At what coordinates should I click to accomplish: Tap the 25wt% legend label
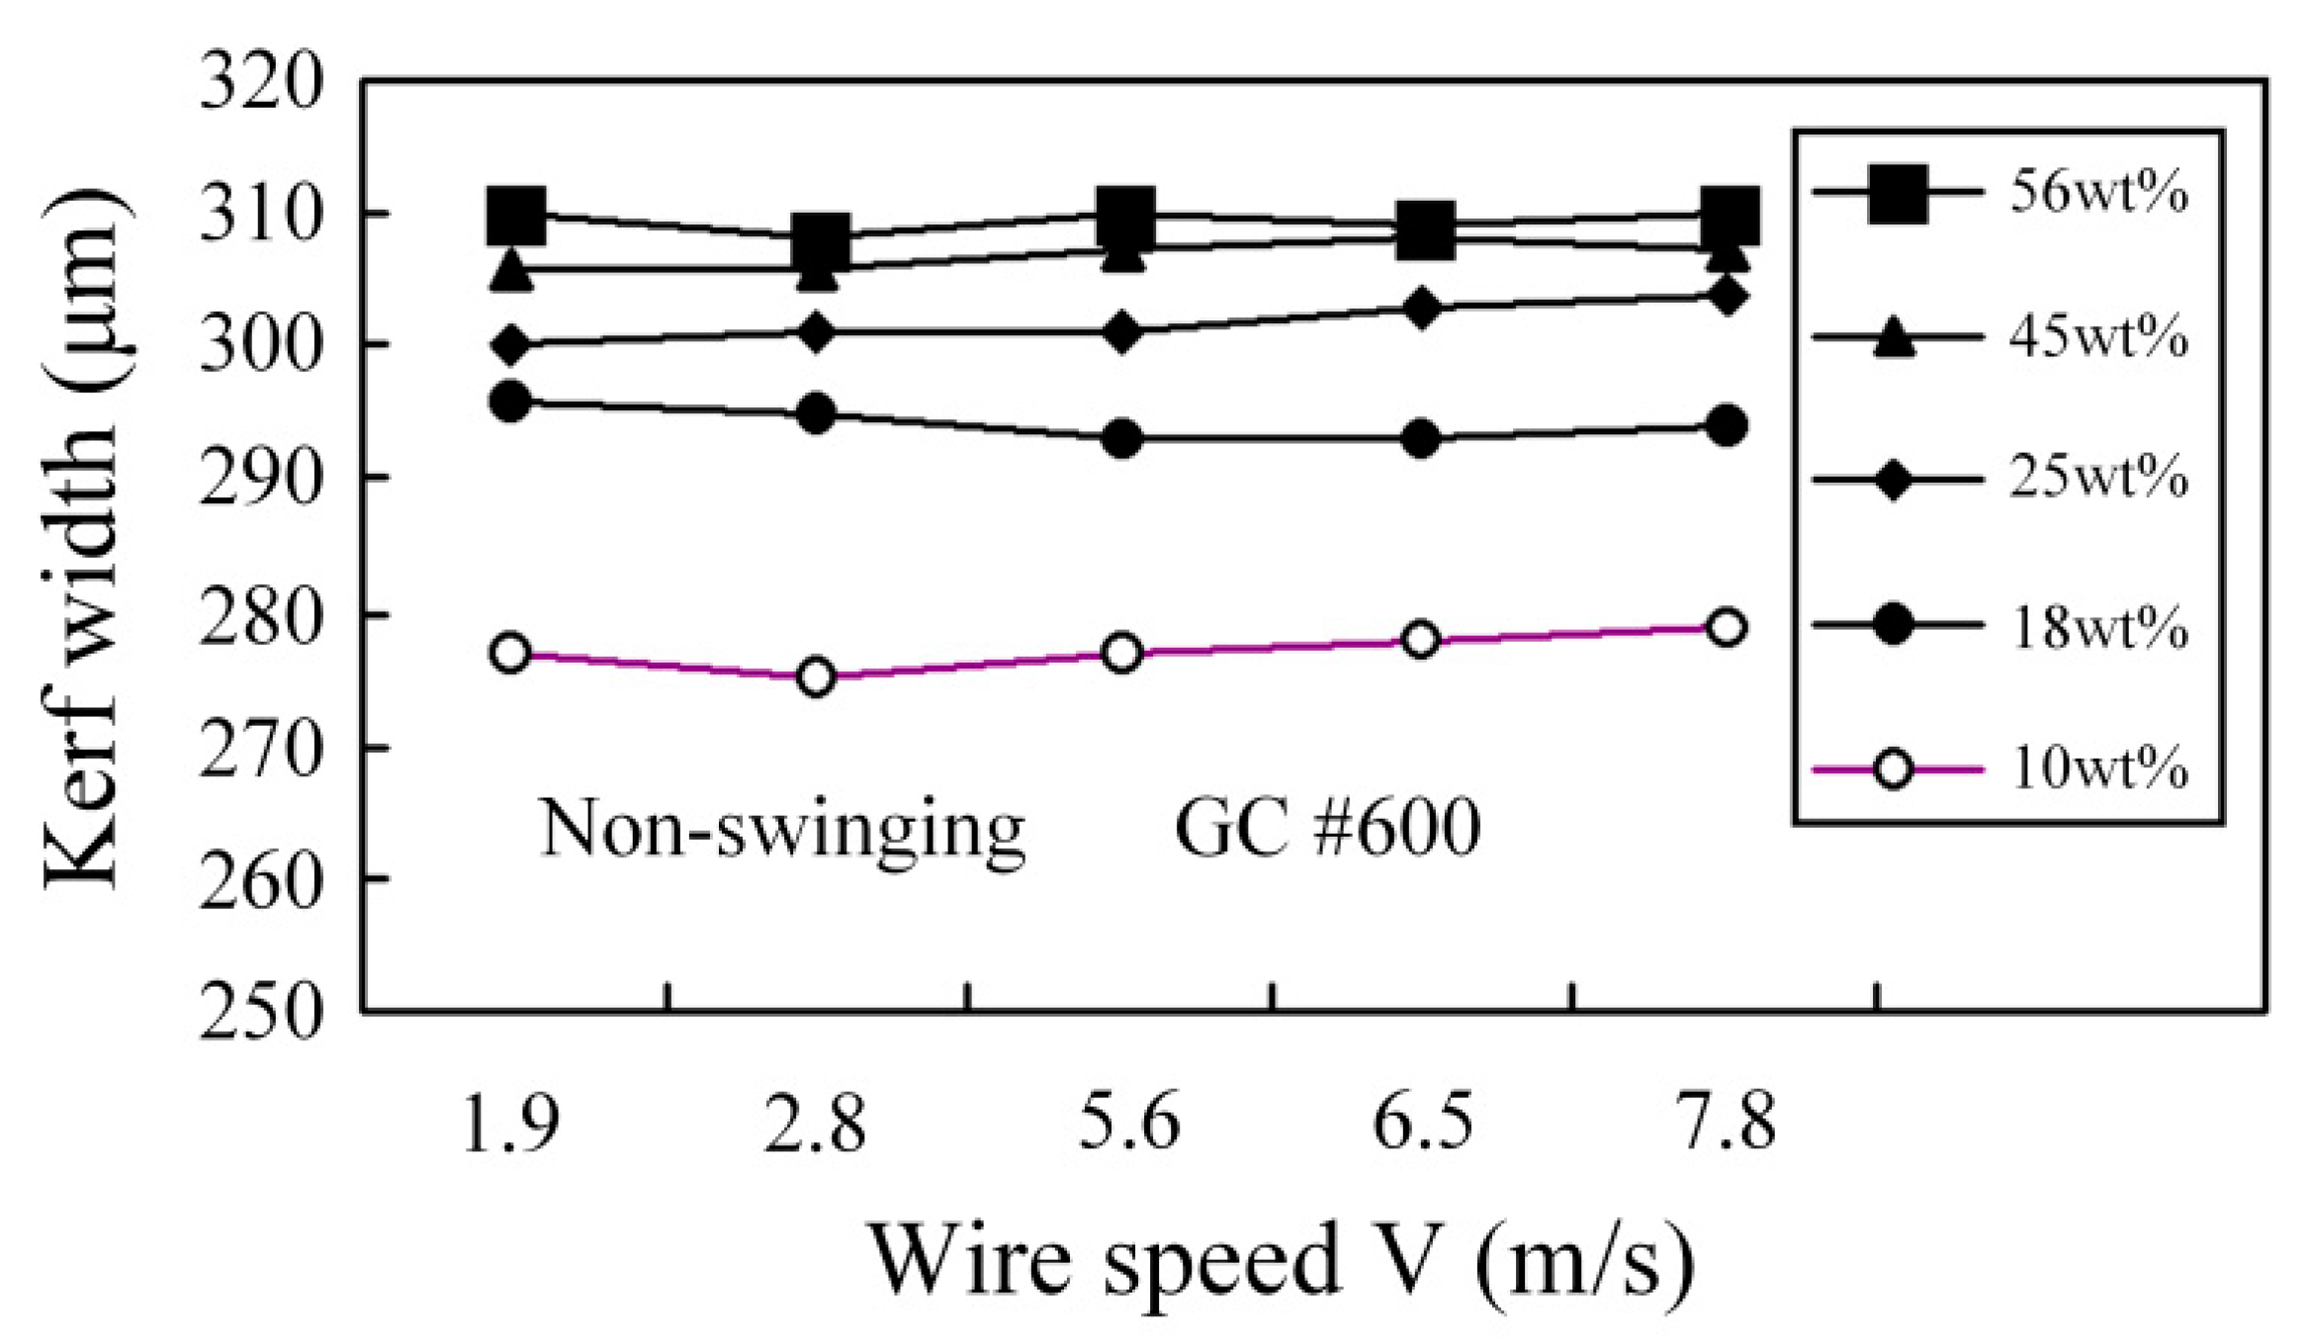click(2096, 479)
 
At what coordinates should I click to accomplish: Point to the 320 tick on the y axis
click(261, 82)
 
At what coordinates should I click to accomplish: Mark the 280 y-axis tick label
click(261, 614)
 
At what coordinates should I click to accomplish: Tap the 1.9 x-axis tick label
click(510, 1124)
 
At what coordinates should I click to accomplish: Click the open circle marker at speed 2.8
click(816, 677)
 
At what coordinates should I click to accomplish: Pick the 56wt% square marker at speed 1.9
click(515, 215)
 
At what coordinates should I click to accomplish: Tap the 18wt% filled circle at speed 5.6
click(1122, 438)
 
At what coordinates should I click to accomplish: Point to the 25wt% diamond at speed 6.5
click(1421, 309)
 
